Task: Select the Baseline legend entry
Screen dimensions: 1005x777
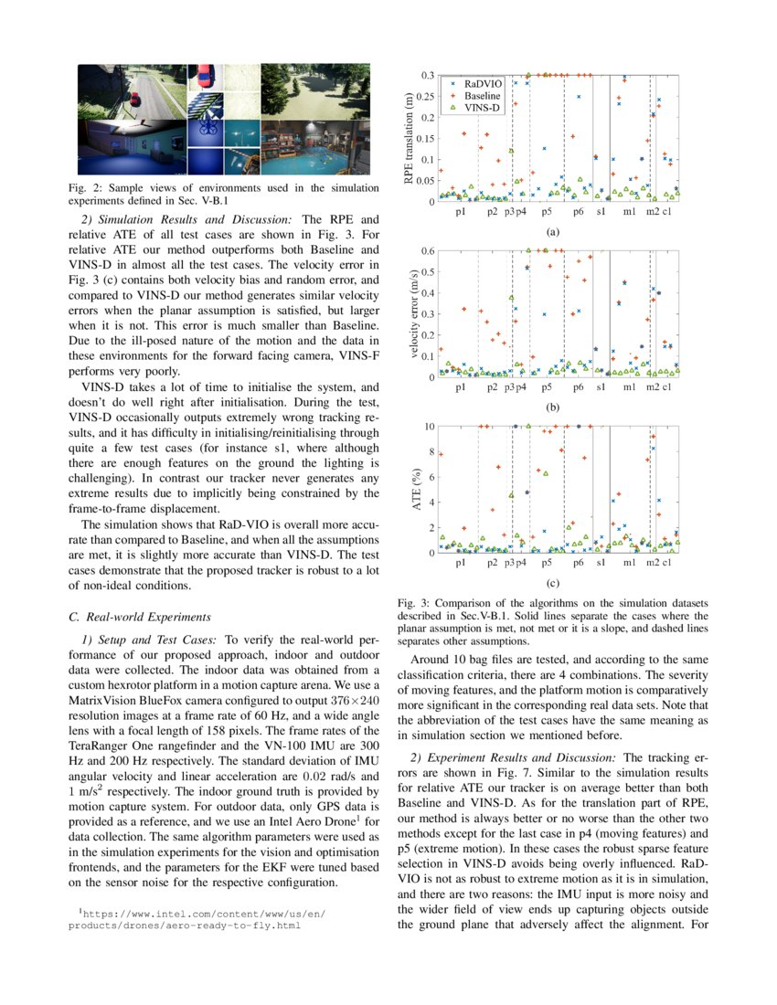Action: pos(475,95)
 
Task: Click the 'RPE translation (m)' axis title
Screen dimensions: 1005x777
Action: pos(409,137)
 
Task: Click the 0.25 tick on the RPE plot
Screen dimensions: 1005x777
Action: pos(425,96)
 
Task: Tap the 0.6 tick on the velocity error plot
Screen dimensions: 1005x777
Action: pos(427,250)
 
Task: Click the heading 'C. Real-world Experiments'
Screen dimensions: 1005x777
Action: pos(140,617)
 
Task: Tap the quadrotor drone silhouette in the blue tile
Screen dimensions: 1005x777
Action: pos(206,128)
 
